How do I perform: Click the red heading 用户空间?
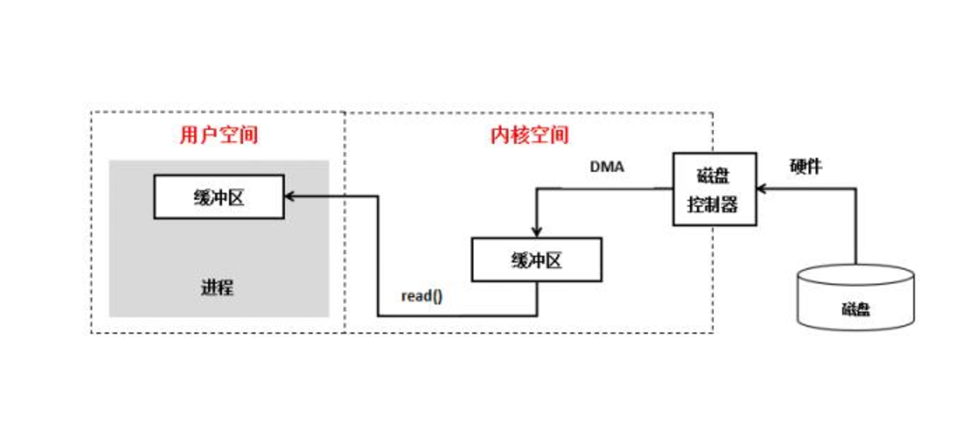point(219,135)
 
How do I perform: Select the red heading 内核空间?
point(529,135)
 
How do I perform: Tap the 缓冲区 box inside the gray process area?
point(219,197)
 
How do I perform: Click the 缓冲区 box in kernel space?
point(536,261)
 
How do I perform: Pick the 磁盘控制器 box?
point(714,189)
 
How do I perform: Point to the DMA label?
point(607,168)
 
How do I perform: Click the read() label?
point(421,295)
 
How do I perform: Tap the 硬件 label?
point(805,167)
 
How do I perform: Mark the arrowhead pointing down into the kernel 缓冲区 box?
point(536,233)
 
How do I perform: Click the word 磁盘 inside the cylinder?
point(855,309)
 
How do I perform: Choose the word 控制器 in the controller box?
point(713,205)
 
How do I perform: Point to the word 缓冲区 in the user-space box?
point(219,197)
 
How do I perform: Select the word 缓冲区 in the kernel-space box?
point(536,261)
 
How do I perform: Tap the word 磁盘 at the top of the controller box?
point(714,175)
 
